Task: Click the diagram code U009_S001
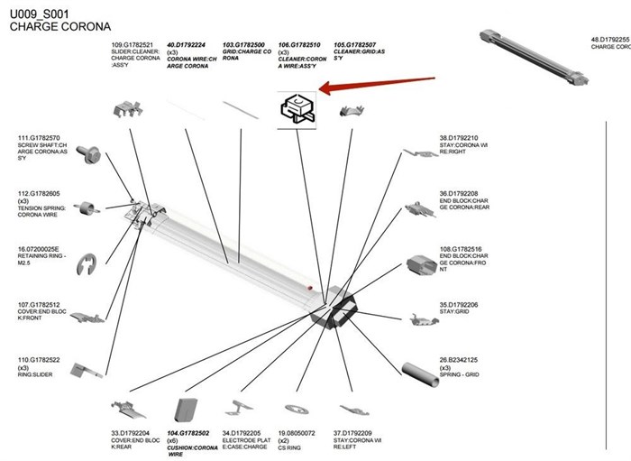[x=39, y=14]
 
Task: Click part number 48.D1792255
[x=609, y=40]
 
